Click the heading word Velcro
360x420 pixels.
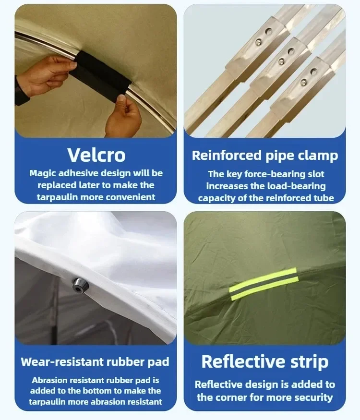pyautogui.click(x=96, y=155)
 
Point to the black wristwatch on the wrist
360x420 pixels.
pyautogui.click(x=21, y=91)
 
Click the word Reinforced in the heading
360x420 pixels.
pyautogui.click(x=227, y=155)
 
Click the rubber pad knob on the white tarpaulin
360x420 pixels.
pyautogui.click(x=80, y=285)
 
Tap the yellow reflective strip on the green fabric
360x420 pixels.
pyautogui.click(x=264, y=283)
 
